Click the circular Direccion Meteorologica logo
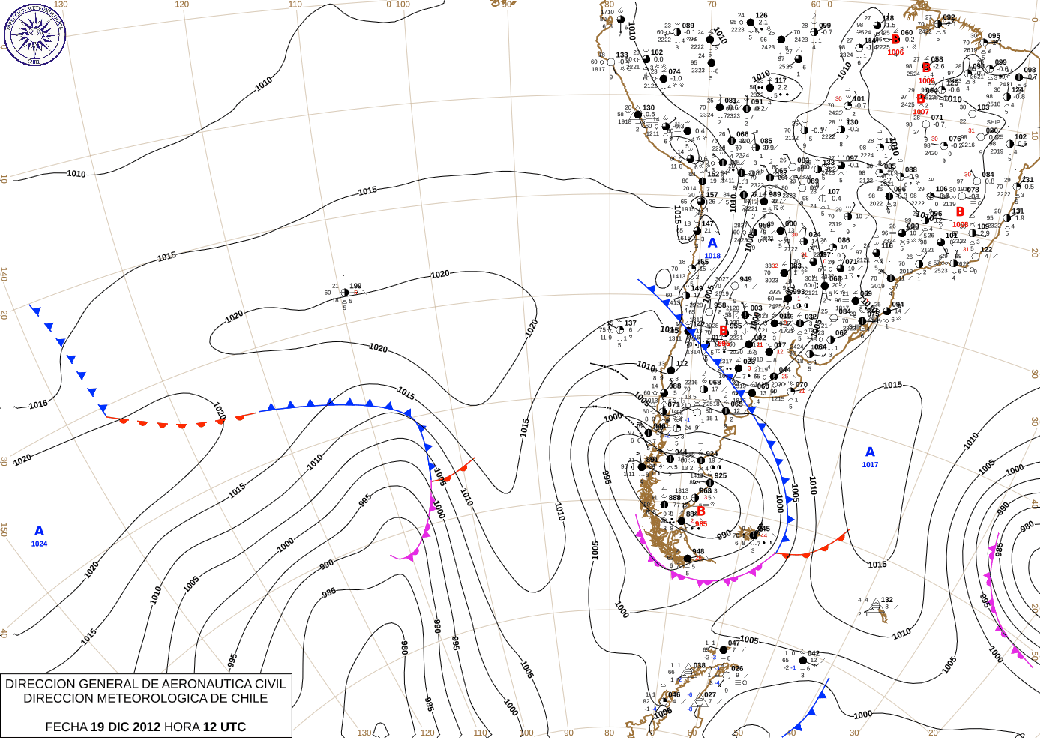point(34,34)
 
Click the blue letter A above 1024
point(39,531)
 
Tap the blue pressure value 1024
point(39,544)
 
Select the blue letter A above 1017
point(870,451)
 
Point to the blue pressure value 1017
point(870,465)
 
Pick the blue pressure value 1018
point(712,256)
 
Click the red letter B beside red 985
point(700,511)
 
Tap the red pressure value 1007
point(921,112)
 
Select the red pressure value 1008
point(960,225)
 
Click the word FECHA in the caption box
point(66,727)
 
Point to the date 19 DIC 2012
point(125,727)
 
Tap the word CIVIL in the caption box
point(269,684)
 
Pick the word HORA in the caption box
point(181,727)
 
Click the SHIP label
point(993,122)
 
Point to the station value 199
point(355,286)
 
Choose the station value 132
point(887,600)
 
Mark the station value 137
point(631,323)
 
